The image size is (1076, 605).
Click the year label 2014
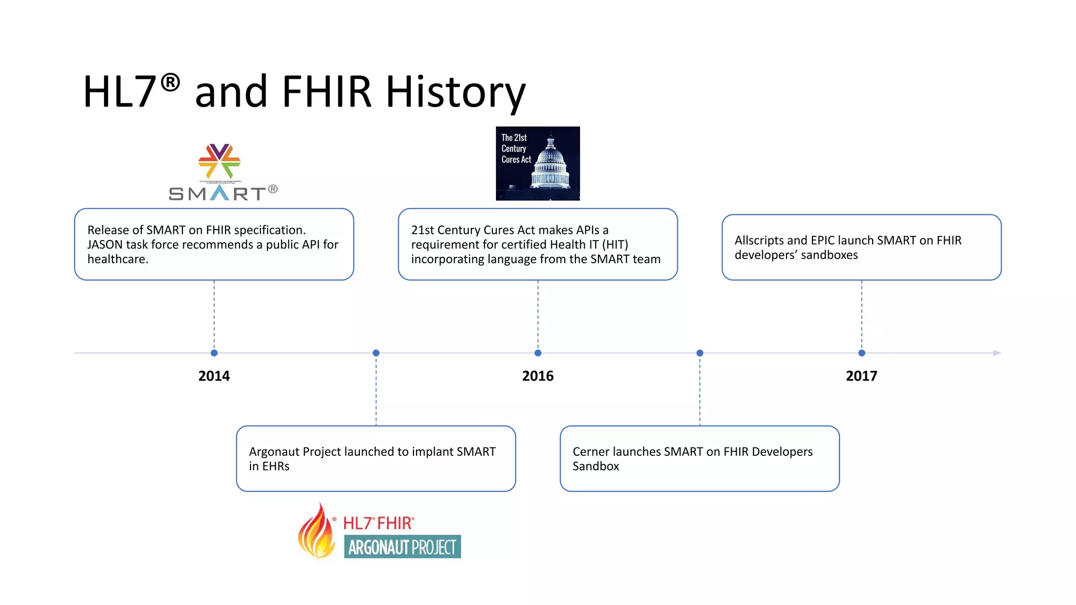point(214,376)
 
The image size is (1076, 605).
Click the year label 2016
point(537,376)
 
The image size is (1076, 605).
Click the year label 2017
point(861,376)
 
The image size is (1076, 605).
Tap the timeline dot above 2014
point(214,353)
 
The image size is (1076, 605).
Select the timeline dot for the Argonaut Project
point(376,353)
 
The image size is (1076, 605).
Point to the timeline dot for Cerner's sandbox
point(699,353)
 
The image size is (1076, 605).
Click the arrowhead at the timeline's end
point(997,353)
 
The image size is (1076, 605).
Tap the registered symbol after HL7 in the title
point(170,82)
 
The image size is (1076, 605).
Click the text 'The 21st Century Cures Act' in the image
point(515,149)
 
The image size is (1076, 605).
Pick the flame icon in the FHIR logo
point(316,531)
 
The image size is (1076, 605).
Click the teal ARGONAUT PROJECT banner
point(402,547)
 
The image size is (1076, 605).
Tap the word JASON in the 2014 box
point(105,245)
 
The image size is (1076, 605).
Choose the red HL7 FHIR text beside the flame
point(378,523)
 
